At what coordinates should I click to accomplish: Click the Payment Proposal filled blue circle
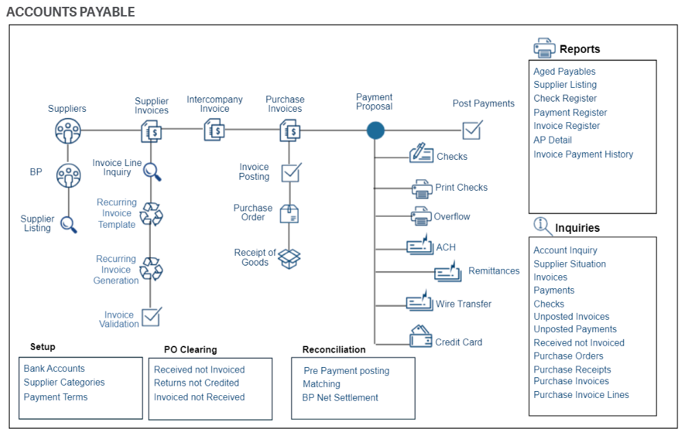click(375, 130)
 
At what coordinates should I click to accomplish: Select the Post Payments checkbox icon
click(472, 130)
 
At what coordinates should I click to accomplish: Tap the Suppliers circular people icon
click(68, 130)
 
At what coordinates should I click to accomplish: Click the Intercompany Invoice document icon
click(214, 129)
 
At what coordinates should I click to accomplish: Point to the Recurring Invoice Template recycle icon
click(151, 214)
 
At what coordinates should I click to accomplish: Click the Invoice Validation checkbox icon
click(151, 317)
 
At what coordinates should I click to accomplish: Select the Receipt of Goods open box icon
click(289, 258)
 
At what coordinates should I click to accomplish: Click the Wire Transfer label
click(464, 304)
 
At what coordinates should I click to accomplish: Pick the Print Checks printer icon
click(422, 188)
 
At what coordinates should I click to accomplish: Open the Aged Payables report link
click(564, 71)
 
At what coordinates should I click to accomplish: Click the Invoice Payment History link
click(583, 154)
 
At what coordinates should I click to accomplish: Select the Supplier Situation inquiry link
click(569, 263)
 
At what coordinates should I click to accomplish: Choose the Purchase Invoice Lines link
click(581, 395)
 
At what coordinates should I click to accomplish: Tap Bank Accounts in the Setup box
click(54, 368)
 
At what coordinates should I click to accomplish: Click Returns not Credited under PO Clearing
click(196, 383)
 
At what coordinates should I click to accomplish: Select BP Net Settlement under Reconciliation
click(340, 397)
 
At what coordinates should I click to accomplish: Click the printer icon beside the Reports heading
click(544, 49)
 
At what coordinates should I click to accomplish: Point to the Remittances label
click(494, 271)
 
